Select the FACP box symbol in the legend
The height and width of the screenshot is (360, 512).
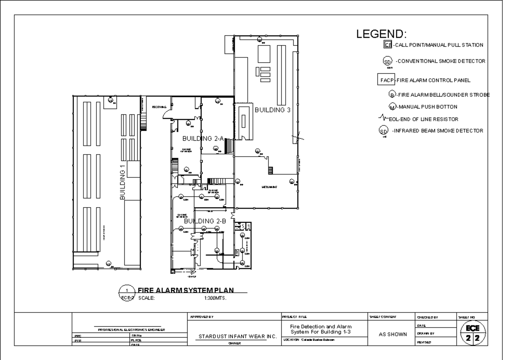385,80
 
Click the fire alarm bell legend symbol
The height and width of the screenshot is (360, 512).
392,95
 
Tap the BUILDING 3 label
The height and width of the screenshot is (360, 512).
273,110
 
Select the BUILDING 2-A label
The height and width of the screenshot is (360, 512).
203,139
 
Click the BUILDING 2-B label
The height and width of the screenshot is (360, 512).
204,221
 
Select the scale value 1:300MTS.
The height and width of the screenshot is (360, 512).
215,298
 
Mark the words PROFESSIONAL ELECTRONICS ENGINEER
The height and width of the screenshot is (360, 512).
130,330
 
